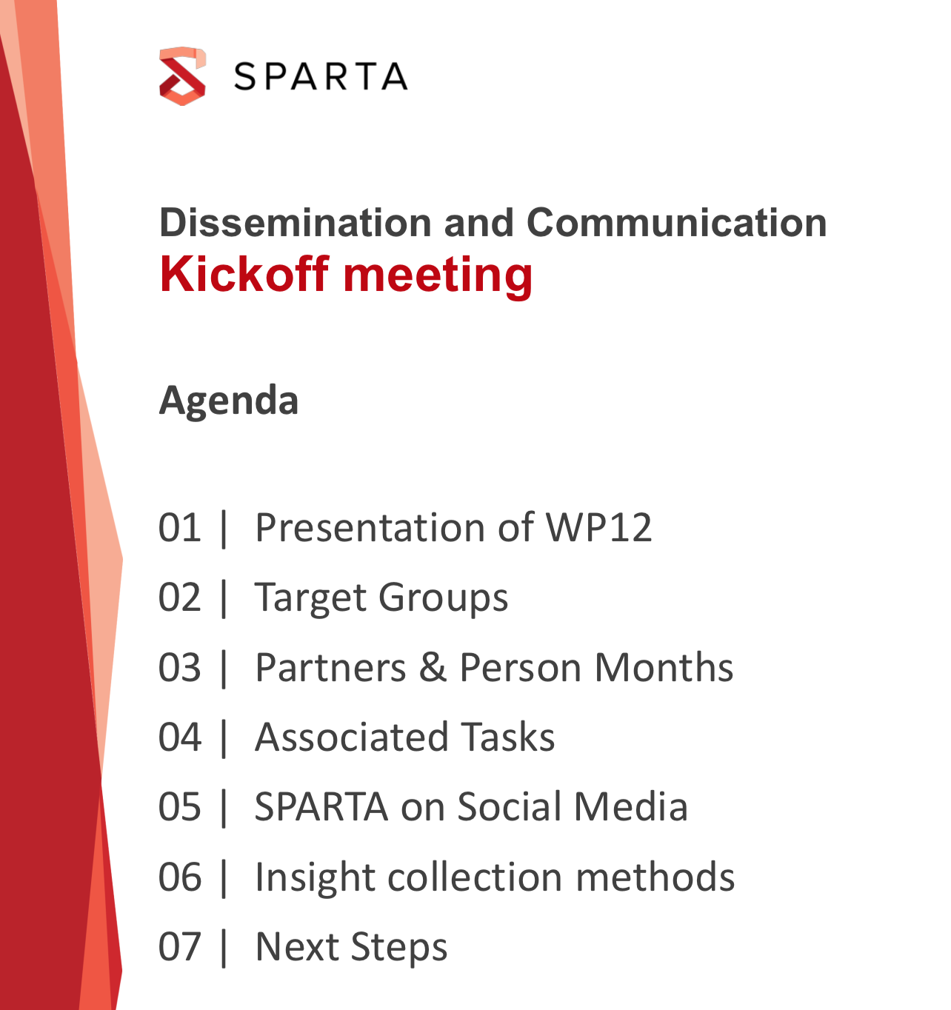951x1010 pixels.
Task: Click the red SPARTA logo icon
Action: coord(183,76)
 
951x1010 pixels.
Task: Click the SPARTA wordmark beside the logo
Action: coord(321,77)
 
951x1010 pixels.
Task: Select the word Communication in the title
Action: coord(677,223)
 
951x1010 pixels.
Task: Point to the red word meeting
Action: coord(438,276)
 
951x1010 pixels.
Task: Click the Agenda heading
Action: coord(229,401)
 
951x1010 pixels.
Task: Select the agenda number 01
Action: coord(180,527)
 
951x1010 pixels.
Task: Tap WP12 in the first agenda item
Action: coord(599,527)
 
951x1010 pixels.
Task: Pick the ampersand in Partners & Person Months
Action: coord(433,666)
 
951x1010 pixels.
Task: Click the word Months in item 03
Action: coord(664,666)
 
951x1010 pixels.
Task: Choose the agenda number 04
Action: coord(180,737)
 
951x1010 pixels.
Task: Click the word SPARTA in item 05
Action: coord(321,806)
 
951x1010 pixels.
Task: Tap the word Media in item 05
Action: coord(631,806)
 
